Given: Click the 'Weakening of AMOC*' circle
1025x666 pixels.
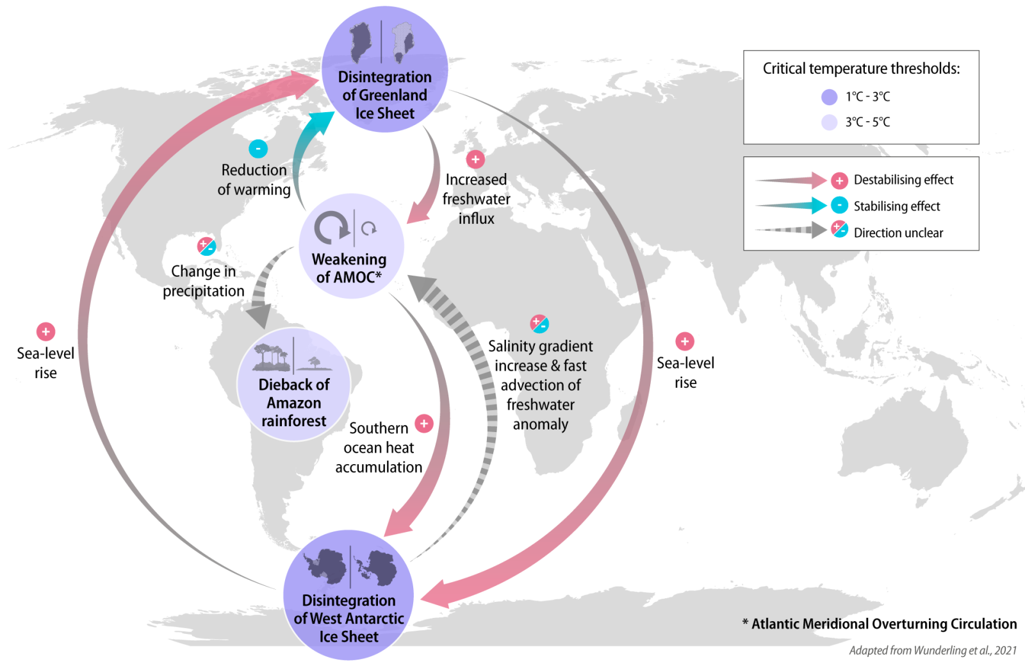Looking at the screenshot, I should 351,246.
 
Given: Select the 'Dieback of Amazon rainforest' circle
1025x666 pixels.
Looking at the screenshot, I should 294,385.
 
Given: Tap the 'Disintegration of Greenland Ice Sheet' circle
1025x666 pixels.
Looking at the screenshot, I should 384,69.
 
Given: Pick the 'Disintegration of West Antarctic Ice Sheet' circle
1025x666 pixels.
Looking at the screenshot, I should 348,595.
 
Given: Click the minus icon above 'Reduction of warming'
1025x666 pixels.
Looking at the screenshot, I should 258,149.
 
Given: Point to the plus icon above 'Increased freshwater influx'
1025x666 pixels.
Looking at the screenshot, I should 475,160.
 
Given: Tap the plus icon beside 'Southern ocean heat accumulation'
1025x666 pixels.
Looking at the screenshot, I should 424,423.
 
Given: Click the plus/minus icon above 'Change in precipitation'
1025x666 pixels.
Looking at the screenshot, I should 206,246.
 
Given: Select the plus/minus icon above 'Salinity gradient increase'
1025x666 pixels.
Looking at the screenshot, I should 539,324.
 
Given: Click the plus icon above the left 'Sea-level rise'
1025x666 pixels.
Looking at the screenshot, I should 45,331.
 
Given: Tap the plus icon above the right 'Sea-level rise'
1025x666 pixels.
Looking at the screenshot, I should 685,341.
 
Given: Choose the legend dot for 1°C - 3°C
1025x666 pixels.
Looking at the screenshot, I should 830,97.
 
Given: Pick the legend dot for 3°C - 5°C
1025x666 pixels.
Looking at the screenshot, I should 830,122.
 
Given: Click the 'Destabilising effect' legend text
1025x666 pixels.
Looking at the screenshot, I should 903,180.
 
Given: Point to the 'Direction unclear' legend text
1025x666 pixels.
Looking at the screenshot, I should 898,233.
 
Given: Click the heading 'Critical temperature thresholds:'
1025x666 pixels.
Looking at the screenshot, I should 861,69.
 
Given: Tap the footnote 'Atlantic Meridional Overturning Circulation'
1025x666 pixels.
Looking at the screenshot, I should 884,624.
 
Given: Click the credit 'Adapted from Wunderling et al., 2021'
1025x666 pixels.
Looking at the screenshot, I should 933,651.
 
